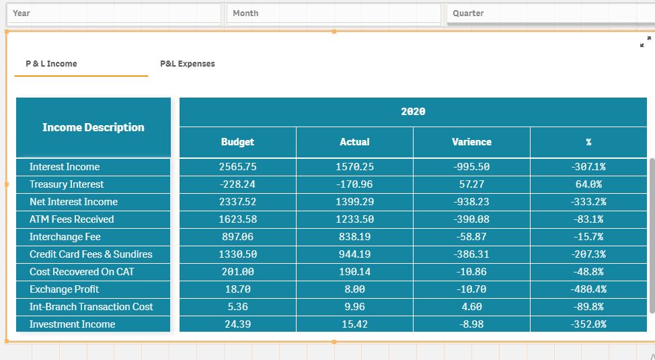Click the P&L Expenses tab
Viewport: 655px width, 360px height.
pos(188,64)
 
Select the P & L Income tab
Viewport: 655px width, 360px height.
pos(52,64)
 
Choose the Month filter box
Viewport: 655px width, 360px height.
pos(334,13)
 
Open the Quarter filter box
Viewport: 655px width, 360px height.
pos(550,13)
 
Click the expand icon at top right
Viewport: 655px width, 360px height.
pos(645,42)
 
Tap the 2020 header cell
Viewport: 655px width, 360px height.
pos(413,112)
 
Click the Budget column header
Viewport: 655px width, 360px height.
pos(237,142)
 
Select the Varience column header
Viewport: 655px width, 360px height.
pos(471,142)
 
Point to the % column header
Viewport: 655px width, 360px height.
pos(588,142)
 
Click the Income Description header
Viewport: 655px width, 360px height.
pos(93,127)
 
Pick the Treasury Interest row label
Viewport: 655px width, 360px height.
pos(67,184)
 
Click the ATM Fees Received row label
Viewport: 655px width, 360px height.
pos(72,219)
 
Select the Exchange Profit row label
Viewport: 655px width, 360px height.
pos(65,289)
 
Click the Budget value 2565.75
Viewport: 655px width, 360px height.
pos(237,167)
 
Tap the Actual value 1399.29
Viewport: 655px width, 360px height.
pos(354,202)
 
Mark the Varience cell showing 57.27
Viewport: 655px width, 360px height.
pos(471,184)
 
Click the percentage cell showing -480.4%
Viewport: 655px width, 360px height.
pos(588,289)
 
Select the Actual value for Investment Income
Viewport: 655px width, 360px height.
pos(354,324)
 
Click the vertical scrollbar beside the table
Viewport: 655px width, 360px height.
pos(651,236)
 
